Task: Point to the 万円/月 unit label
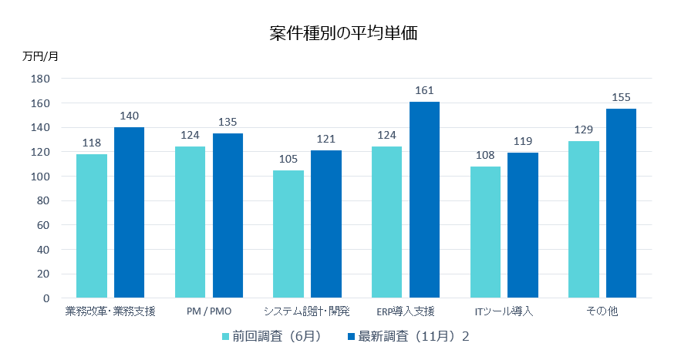pyautogui.click(x=40, y=56)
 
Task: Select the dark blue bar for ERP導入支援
pyautogui.click(x=424, y=200)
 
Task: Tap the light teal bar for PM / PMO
pyautogui.click(x=190, y=222)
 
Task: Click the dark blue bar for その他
pyautogui.click(x=621, y=204)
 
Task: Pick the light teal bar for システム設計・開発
pyautogui.click(x=288, y=234)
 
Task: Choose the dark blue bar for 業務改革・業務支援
pyautogui.click(x=129, y=212)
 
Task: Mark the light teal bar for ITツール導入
pyautogui.click(x=485, y=232)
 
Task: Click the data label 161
pyautogui.click(x=424, y=91)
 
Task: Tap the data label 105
pyautogui.click(x=288, y=159)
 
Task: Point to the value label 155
pyautogui.click(x=621, y=97)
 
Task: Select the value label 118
pyautogui.click(x=92, y=143)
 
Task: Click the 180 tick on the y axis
pyautogui.click(x=40, y=79)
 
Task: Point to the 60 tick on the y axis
pyautogui.click(x=43, y=225)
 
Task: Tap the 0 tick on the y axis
pyautogui.click(x=46, y=298)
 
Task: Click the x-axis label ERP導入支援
pyautogui.click(x=406, y=312)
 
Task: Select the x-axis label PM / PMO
pyautogui.click(x=209, y=312)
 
